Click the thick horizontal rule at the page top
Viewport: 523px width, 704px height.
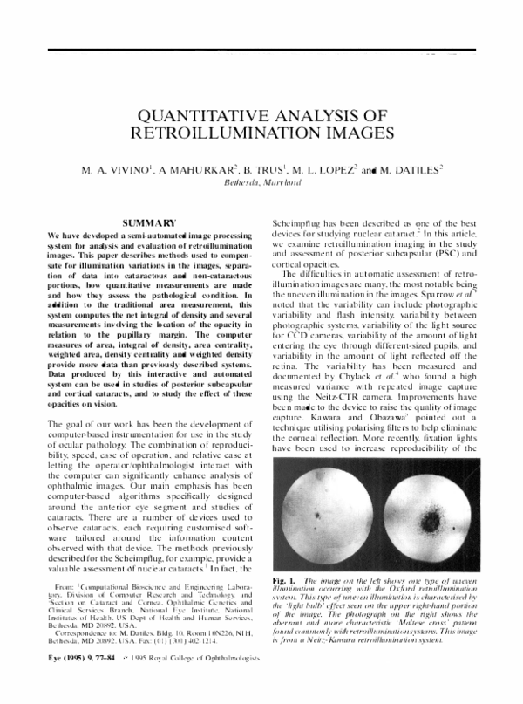point(261,51)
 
